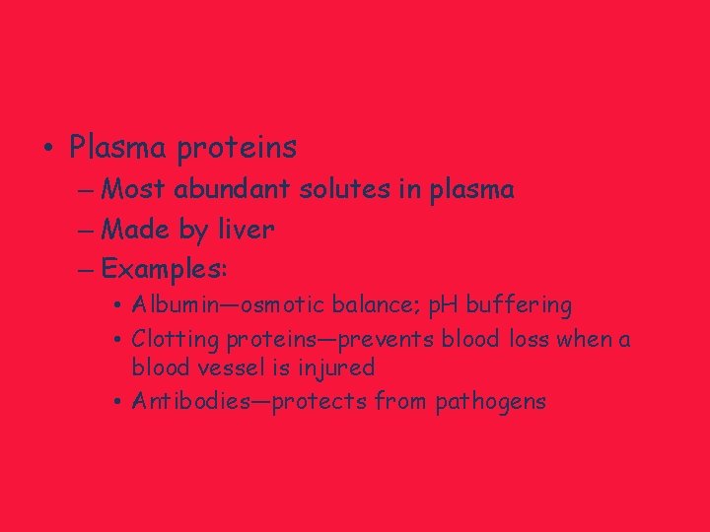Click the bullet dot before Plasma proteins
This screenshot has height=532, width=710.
point(48,150)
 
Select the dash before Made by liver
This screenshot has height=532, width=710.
point(84,230)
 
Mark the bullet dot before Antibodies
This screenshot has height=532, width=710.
point(117,402)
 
